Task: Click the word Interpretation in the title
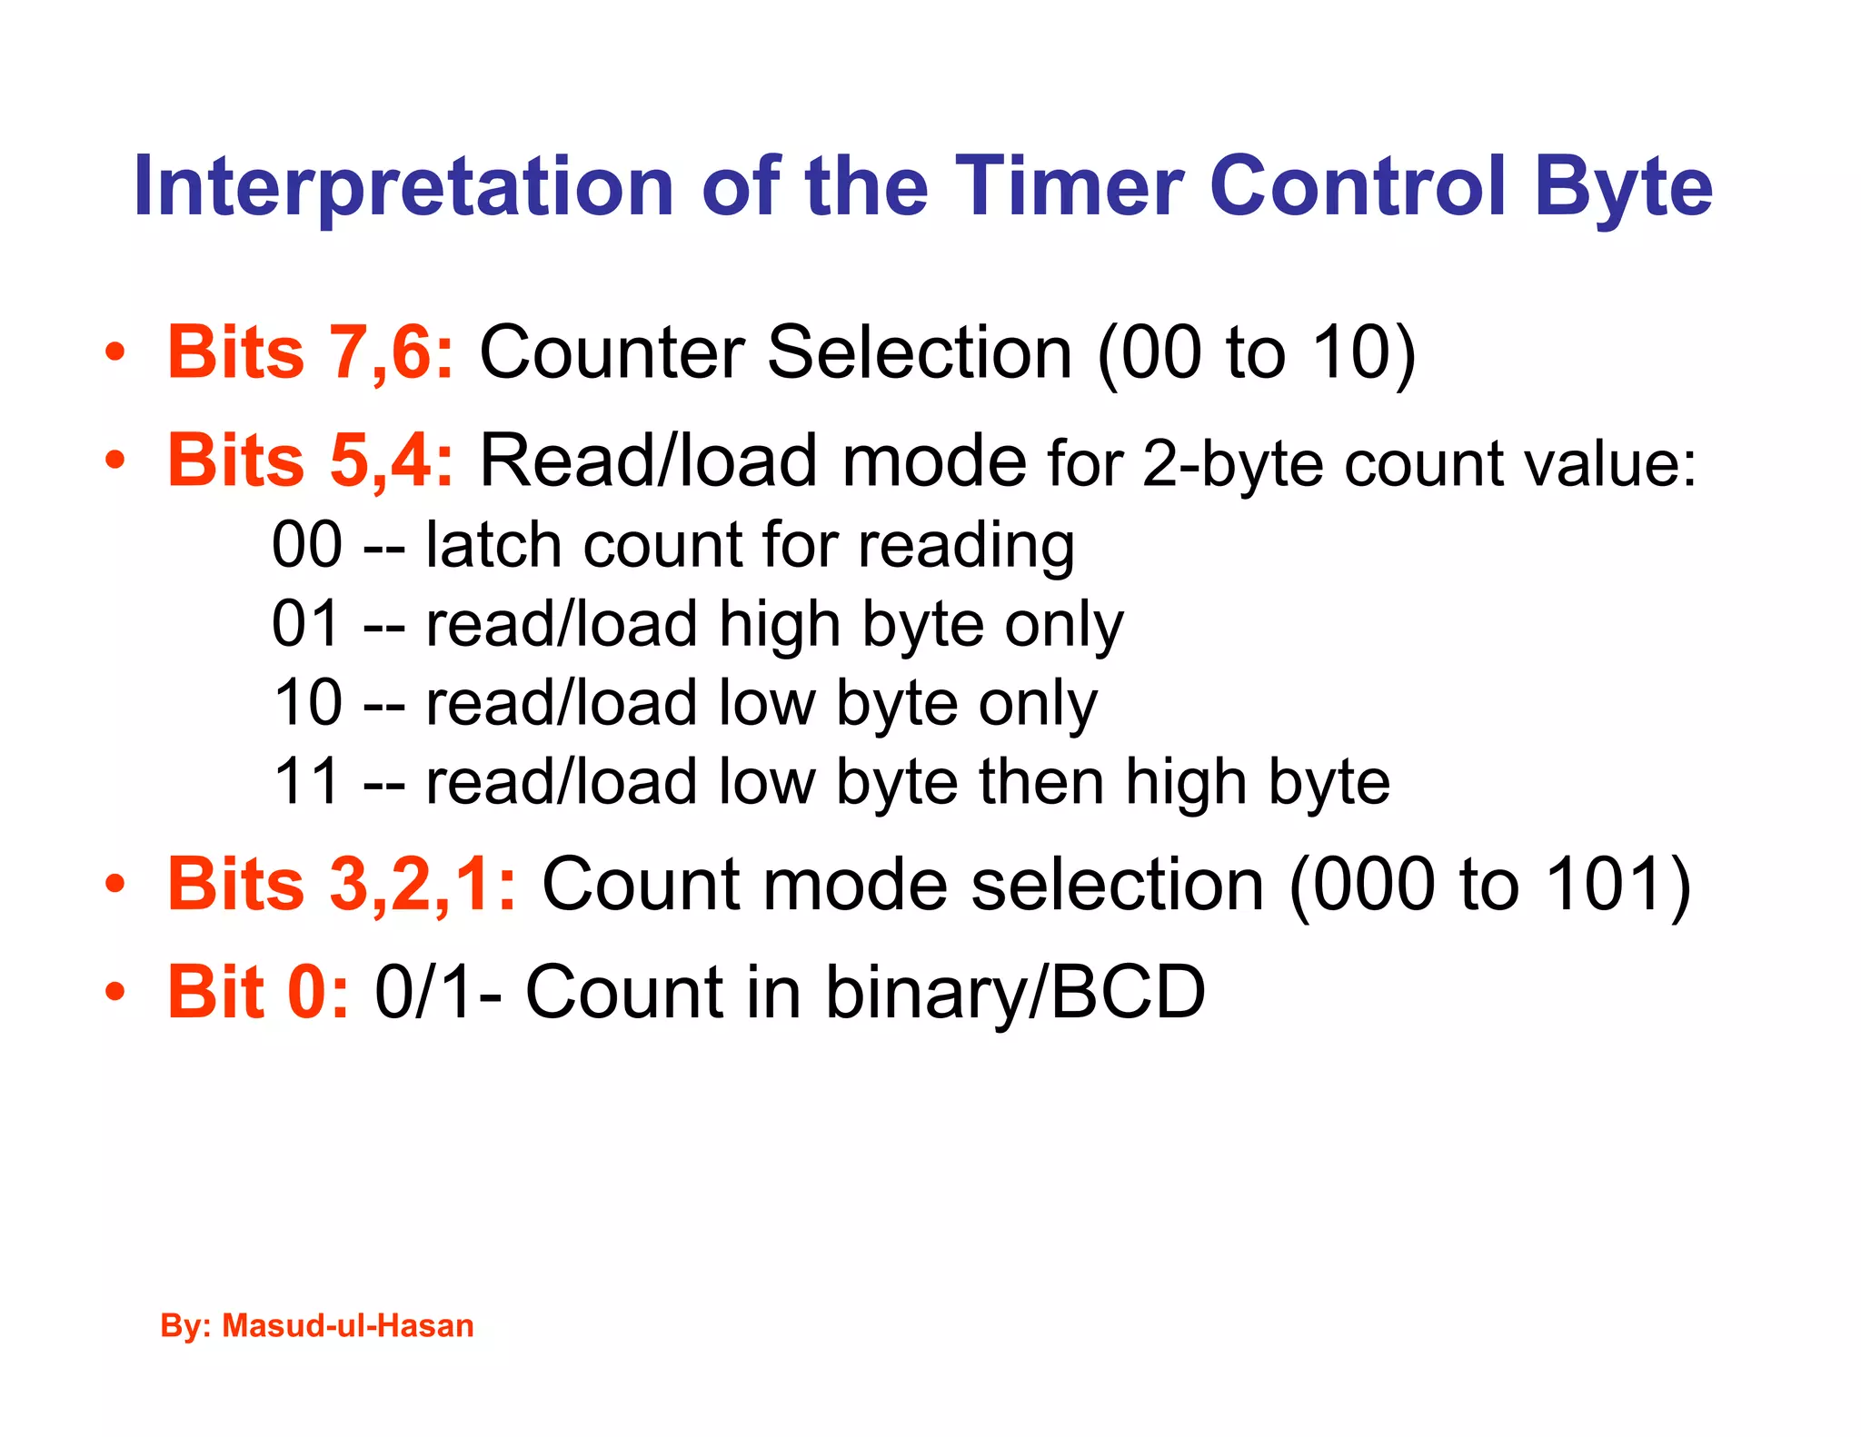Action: click(403, 188)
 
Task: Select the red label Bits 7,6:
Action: click(310, 352)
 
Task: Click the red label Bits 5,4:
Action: click(310, 461)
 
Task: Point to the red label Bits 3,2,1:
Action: click(342, 884)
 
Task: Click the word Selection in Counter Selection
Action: click(919, 352)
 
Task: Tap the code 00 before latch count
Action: click(307, 545)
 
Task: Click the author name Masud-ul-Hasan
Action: click(348, 1325)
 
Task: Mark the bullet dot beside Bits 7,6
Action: click(114, 352)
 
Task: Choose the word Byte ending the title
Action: click(1623, 188)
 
